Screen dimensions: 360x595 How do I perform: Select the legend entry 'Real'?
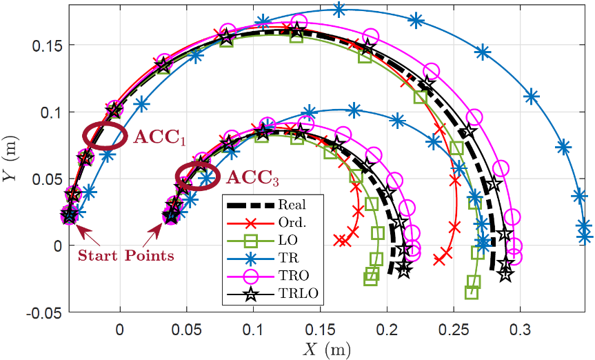click(292, 204)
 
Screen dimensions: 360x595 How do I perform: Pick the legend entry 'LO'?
click(286, 240)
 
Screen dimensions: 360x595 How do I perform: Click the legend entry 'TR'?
click(286, 259)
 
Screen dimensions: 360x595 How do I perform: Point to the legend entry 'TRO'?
click(290, 277)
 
